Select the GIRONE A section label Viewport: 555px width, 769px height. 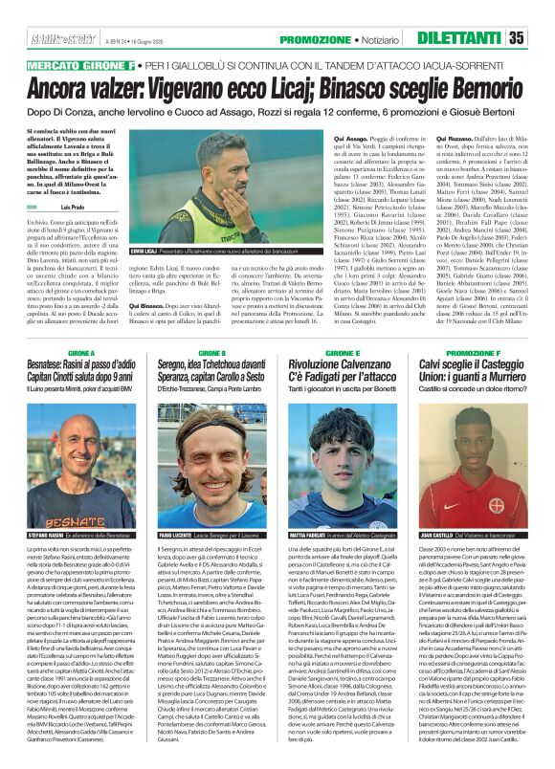click(81, 353)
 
